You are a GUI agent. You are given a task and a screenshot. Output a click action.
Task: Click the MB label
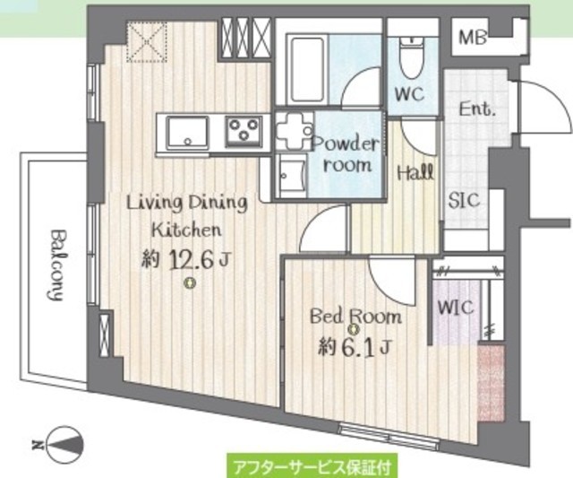click(x=473, y=38)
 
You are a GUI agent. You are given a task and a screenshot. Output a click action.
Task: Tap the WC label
click(x=410, y=94)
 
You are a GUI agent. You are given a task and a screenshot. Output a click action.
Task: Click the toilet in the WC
click(x=412, y=57)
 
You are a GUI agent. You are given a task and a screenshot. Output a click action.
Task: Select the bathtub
click(x=307, y=70)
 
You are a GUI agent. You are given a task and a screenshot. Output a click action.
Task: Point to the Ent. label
click(x=477, y=109)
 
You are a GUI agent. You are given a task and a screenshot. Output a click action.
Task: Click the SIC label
click(x=464, y=201)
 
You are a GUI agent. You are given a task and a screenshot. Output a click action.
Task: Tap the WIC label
click(x=456, y=308)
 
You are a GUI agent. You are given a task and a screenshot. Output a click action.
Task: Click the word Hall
click(x=415, y=171)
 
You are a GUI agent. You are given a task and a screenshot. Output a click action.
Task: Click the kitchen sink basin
click(x=187, y=133)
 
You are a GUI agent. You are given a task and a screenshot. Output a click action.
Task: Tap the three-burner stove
click(x=244, y=132)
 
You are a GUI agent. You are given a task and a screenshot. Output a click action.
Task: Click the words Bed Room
click(x=355, y=317)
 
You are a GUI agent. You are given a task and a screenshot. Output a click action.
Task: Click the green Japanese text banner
click(x=312, y=466)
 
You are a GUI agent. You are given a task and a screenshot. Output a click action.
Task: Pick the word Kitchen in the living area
click(x=186, y=230)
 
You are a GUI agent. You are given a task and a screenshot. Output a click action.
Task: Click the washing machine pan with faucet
click(x=295, y=131)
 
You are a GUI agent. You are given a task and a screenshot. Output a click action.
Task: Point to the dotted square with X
click(x=147, y=42)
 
